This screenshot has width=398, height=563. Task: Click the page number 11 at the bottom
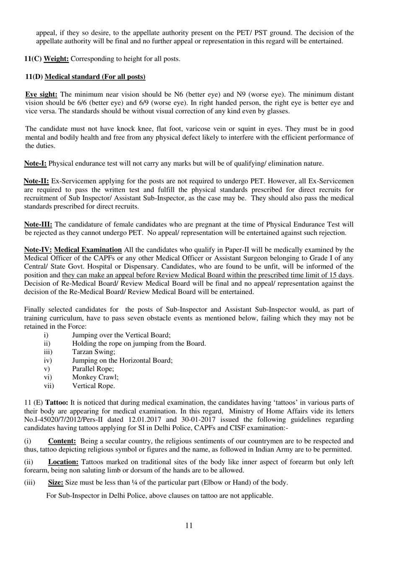[x=189, y=525]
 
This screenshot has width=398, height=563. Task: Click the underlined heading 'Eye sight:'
[x=41, y=94]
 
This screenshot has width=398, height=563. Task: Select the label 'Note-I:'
[x=35, y=164]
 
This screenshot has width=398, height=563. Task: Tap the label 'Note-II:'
[x=36, y=181]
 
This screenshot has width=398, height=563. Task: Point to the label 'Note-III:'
[x=38, y=224]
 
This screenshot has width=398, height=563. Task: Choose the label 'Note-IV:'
[x=38, y=250]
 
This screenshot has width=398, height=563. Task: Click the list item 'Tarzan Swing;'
[x=93, y=352]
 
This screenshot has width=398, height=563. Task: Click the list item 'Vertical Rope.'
[x=93, y=386]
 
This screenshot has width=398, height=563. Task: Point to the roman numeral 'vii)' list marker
[x=49, y=386]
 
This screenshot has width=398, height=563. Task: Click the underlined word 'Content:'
[x=62, y=441]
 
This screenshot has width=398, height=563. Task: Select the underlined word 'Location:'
[x=63, y=462]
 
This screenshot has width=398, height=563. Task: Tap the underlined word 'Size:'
[x=56, y=482]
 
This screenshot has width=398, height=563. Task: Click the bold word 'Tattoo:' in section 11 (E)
[x=57, y=403]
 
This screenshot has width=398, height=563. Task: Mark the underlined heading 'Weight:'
[x=56, y=59]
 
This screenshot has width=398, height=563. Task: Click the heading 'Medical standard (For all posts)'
[x=95, y=77]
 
